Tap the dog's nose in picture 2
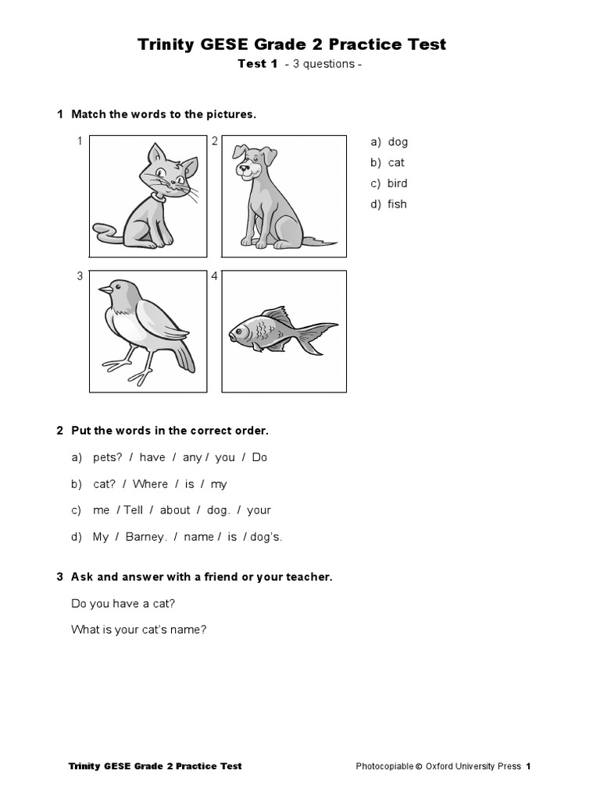[244, 165]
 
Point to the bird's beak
[105, 290]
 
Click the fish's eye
[240, 332]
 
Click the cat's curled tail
[106, 229]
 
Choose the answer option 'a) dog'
[389, 142]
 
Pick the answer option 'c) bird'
[389, 183]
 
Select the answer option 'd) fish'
[389, 204]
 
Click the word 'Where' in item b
[150, 484]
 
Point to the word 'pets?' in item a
[108, 457]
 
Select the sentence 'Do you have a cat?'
[123, 603]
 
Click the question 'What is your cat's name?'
[138, 629]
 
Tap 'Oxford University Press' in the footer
[473, 766]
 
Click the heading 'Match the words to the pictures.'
[163, 114]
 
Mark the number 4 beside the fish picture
[214, 275]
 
